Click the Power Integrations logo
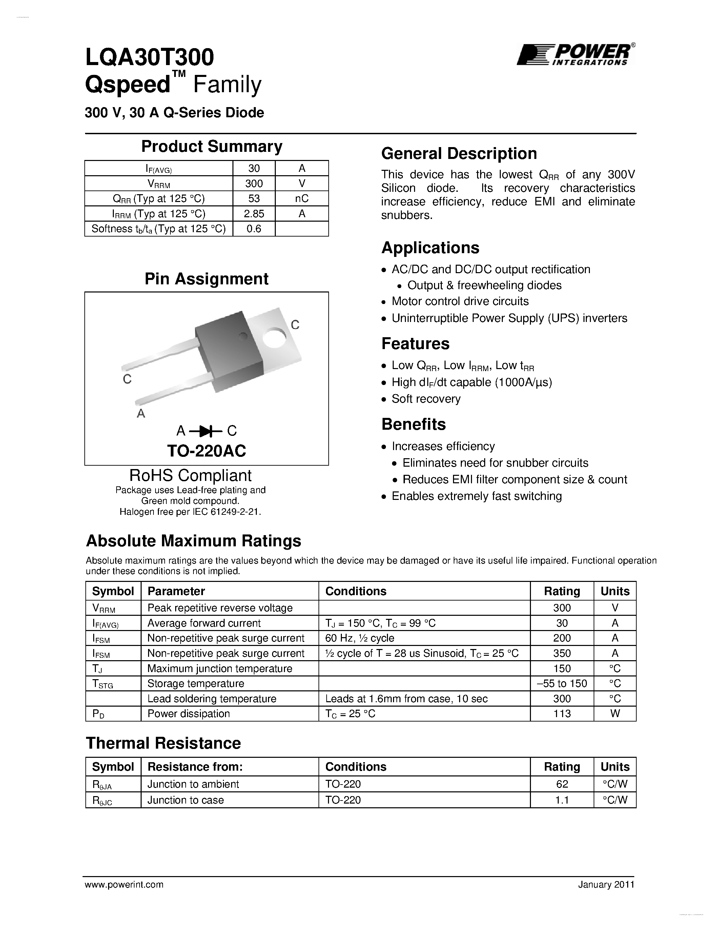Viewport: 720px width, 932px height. click(x=575, y=55)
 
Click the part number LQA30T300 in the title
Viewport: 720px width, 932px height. click(x=149, y=58)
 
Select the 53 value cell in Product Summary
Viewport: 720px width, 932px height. click(x=254, y=199)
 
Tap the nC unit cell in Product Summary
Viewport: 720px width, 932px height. click(x=302, y=199)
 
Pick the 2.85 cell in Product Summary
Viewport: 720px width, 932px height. click(x=254, y=214)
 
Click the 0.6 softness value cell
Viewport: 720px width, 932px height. click(x=254, y=229)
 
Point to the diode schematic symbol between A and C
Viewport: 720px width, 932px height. click(x=206, y=431)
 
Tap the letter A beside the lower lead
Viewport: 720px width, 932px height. click(x=141, y=413)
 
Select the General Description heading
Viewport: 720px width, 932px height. click(x=459, y=154)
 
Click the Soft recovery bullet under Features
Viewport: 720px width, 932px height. click(x=426, y=399)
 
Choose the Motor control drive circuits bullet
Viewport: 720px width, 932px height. click(x=460, y=301)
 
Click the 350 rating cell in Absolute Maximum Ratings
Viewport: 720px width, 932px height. click(x=562, y=653)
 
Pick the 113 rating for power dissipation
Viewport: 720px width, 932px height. click(x=562, y=713)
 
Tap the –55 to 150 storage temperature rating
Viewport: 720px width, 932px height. click(x=562, y=684)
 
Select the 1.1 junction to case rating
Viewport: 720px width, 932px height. click(x=562, y=800)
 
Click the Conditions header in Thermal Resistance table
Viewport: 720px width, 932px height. click(x=356, y=767)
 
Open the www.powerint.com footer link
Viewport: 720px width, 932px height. click(x=124, y=885)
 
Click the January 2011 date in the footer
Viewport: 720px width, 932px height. click(x=606, y=885)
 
